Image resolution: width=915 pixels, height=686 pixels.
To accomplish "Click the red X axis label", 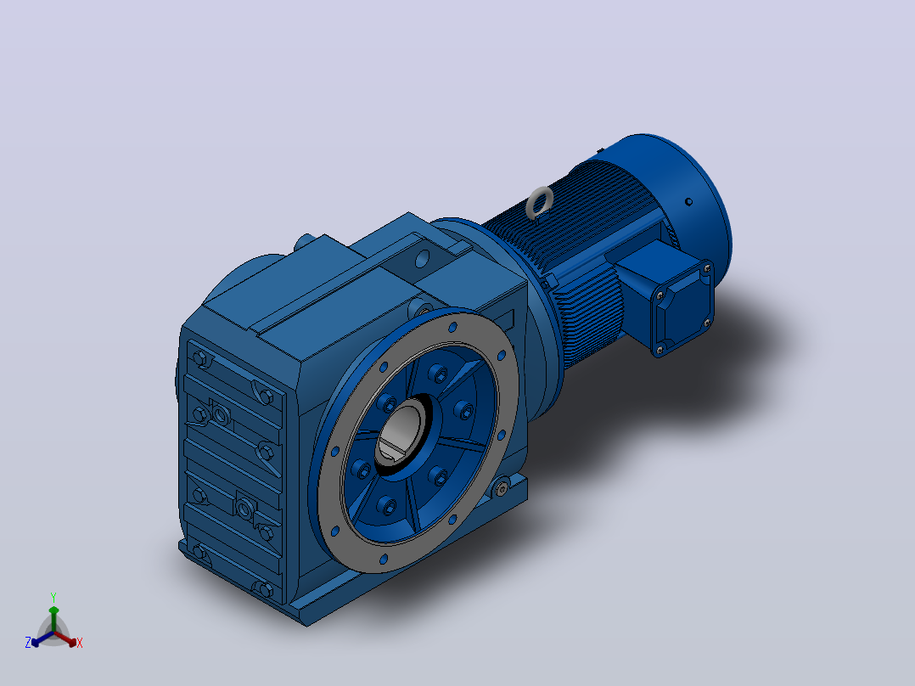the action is click(80, 643).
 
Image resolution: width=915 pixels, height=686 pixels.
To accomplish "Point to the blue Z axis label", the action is click(27, 642).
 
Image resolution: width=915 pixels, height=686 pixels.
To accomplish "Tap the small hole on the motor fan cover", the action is click(688, 202).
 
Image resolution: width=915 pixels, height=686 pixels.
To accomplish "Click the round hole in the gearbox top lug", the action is click(422, 257).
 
